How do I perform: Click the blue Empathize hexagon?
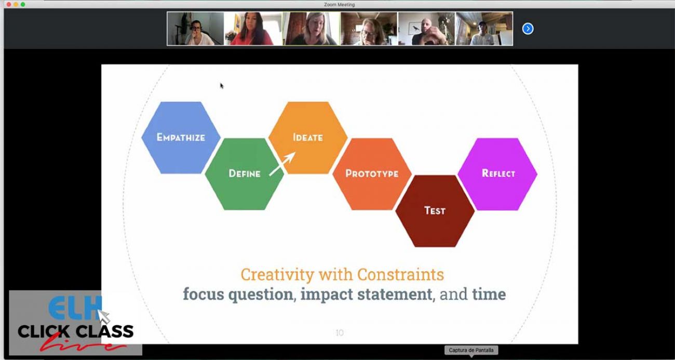[181, 138]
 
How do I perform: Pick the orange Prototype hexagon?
[372, 174]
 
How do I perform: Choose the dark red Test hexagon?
[435, 211]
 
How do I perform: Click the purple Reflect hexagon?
[497, 174]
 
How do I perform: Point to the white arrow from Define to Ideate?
[282, 164]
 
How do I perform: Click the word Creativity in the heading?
[277, 274]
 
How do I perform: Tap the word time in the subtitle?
[489, 295]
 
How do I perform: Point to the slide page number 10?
[340, 333]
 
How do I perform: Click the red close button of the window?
[8, 4]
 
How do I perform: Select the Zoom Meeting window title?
[339, 5]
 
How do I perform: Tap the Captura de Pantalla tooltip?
[471, 350]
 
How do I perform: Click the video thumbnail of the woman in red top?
[253, 29]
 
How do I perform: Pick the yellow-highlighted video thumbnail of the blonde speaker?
[311, 29]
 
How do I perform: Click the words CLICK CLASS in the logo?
[75, 331]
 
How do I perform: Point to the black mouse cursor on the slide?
[222, 86]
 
